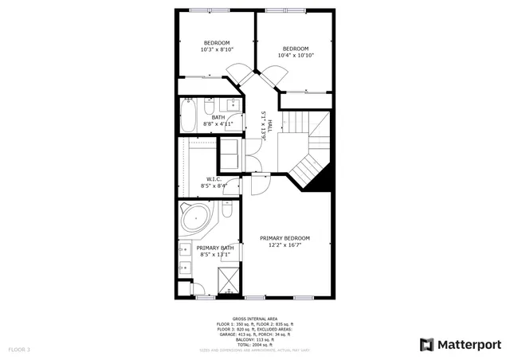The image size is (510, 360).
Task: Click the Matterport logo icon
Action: click(427, 344)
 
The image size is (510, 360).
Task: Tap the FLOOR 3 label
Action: click(19, 350)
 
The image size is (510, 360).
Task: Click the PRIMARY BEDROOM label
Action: click(284, 238)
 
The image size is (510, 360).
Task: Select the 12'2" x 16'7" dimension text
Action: click(284, 245)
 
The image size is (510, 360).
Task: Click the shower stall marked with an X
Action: click(230, 280)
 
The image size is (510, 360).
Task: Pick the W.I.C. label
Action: click(214, 178)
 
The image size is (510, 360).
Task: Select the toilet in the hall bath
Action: click(208, 107)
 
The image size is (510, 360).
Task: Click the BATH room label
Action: click(218, 118)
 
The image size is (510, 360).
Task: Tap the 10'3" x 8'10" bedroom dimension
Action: click(217, 49)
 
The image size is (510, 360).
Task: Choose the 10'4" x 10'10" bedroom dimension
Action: click(296, 55)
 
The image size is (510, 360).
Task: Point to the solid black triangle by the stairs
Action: click(320, 182)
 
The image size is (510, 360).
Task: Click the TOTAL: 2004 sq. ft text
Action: click(255, 342)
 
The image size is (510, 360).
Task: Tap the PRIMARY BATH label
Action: click(215, 248)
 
